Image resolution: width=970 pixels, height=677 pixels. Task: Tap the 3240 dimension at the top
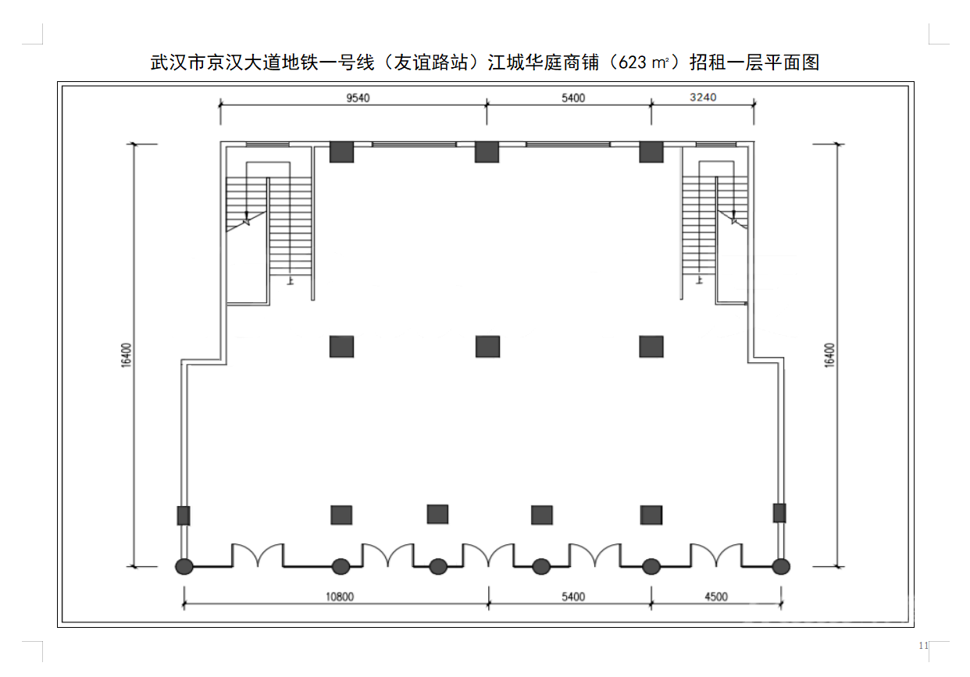703,98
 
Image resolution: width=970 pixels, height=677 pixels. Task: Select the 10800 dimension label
339,597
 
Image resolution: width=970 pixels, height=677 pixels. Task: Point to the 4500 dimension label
715,597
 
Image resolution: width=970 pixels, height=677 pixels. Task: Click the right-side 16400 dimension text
829,355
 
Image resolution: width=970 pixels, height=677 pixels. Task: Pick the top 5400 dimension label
572,98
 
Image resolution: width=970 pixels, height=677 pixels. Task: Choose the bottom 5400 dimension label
572,597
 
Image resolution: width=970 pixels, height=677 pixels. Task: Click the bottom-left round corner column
184,566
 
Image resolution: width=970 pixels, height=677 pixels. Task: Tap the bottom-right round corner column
780,566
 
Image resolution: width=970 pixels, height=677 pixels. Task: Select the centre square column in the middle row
487,346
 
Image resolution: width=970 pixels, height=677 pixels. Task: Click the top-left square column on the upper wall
341,151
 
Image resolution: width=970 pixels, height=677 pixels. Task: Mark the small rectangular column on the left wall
184,515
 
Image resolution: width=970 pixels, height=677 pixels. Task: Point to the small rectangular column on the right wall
779,513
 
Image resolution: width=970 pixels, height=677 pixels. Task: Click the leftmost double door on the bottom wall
258,554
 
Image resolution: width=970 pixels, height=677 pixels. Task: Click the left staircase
269,226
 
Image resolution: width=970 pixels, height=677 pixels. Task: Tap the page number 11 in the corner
923,646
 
